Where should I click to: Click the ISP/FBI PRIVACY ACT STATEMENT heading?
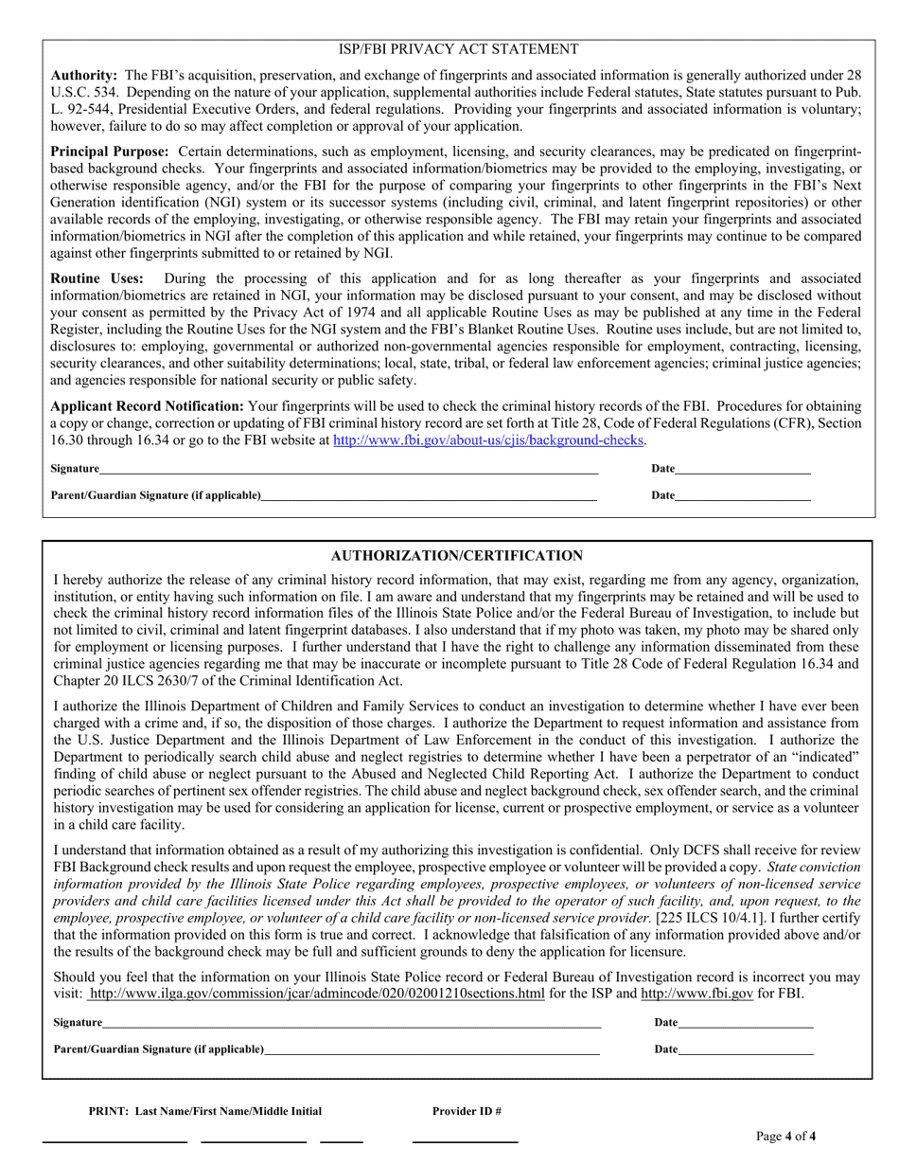(x=458, y=49)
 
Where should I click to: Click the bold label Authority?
(x=84, y=75)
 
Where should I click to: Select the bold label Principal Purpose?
(x=110, y=152)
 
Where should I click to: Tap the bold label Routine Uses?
(x=97, y=278)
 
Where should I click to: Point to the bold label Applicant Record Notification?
(x=147, y=405)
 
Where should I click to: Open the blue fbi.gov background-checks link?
(x=488, y=440)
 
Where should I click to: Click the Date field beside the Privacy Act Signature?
(x=743, y=468)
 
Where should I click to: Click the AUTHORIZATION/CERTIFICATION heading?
(x=457, y=556)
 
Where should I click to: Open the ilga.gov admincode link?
(x=316, y=994)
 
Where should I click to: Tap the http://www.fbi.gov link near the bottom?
(x=697, y=994)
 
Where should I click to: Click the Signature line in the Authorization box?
(x=351, y=1022)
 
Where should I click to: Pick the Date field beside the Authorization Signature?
(x=746, y=1022)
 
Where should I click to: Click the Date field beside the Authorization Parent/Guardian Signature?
(x=746, y=1048)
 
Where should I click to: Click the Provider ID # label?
(x=467, y=1111)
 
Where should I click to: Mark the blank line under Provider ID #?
(x=465, y=1139)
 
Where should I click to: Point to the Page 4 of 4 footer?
(x=785, y=1137)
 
